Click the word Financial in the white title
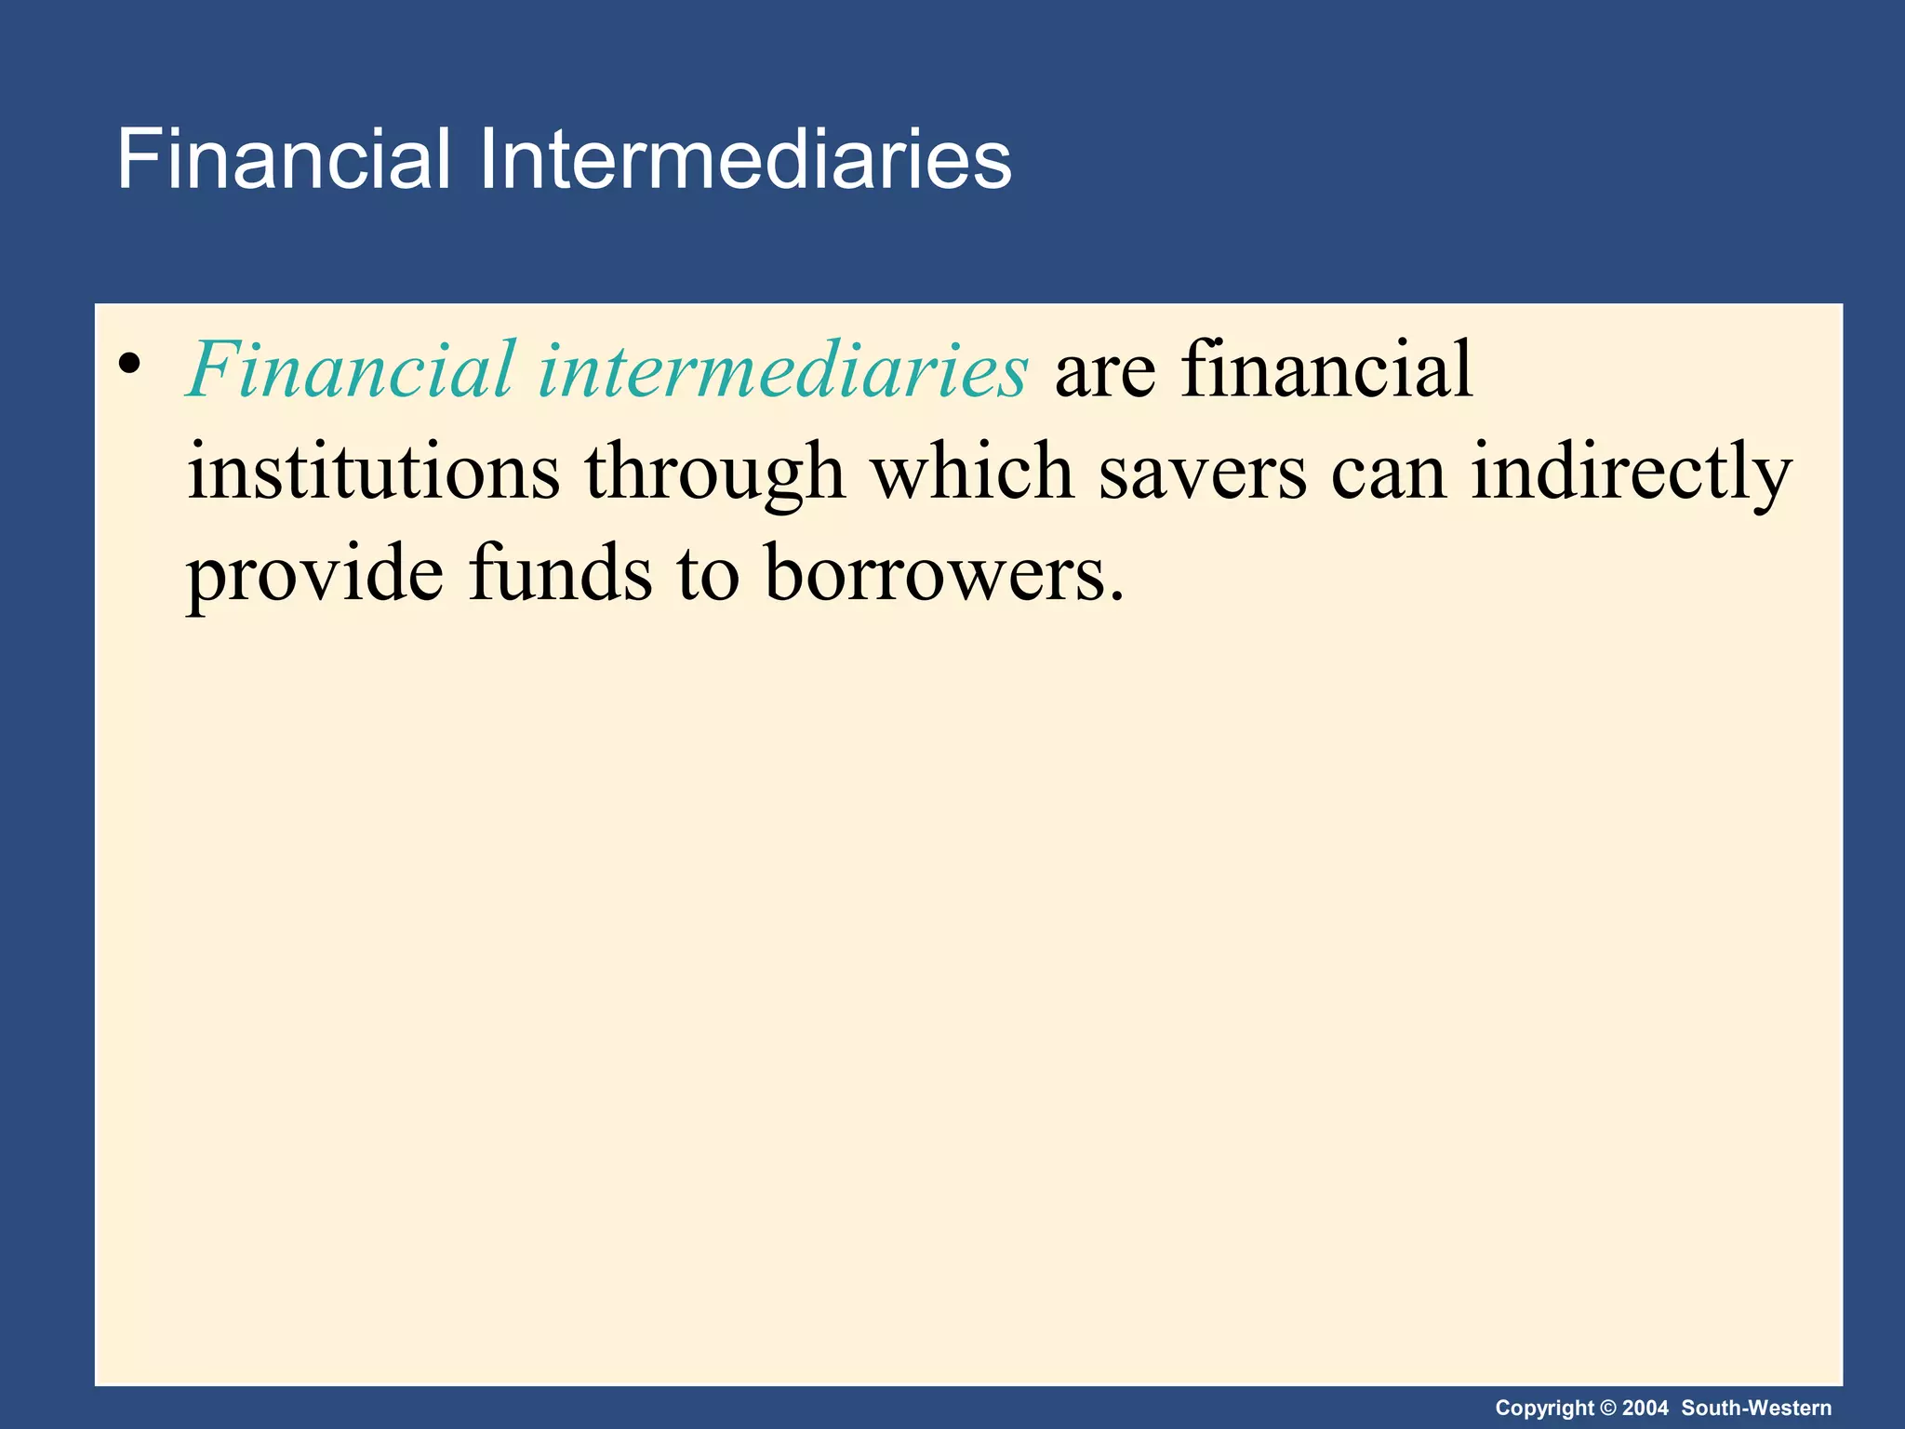284,160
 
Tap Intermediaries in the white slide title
745,160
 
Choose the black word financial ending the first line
1327,370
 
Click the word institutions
374,473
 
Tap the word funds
561,575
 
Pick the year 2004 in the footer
1645,1409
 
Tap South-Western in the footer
1756,1409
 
